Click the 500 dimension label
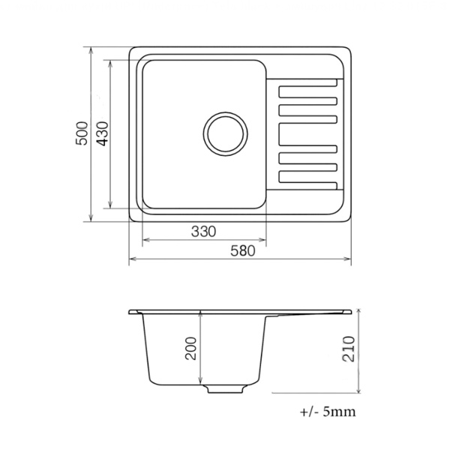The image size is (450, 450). point(82,133)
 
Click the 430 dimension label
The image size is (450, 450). point(103,133)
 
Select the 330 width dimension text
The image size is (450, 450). point(203,231)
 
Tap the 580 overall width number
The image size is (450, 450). point(243,250)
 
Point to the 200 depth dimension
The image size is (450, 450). point(190,349)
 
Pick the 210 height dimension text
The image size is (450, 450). point(349,349)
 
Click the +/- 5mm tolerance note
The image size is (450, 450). point(328,412)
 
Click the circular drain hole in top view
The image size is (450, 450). point(226,134)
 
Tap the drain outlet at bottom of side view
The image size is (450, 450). point(225,388)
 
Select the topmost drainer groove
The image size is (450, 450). point(308,82)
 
